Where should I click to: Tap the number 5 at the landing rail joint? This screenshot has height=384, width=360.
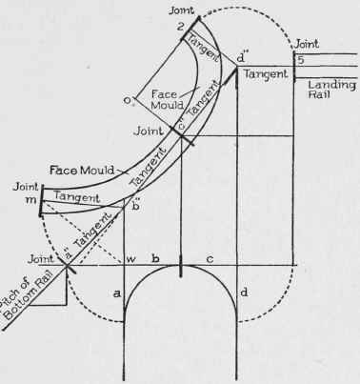[299, 59]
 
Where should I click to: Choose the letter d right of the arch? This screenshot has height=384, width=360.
[244, 292]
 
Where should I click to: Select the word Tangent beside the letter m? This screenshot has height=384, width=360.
[75, 196]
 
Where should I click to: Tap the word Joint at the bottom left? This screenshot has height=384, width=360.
[43, 256]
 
